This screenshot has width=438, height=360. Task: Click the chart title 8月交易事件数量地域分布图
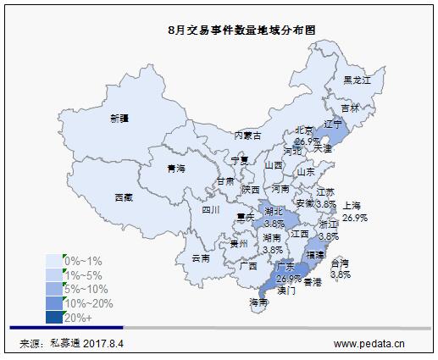pyautogui.click(x=231, y=28)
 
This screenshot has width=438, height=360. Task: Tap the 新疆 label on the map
pyautogui.click(x=119, y=119)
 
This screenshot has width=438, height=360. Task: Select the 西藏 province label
pyautogui.click(x=124, y=197)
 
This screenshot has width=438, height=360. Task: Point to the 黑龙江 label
pyautogui.click(x=358, y=80)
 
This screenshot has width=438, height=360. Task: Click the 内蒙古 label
pyautogui.click(x=247, y=136)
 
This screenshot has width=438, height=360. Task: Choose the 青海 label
pyautogui.click(x=175, y=169)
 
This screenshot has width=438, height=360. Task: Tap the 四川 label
pyautogui.click(x=210, y=209)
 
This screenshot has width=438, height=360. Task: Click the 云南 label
pyautogui.click(x=201, y=258)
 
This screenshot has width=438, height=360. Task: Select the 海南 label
pyautogui.click(x=258, y=302)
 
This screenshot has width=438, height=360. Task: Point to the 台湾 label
pyautogui.click(x=340, y=263)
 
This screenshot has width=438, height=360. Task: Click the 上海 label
pyautogui.click(x=352, y=206)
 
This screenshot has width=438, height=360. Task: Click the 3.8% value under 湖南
pyautogui.click(x=273, y=250)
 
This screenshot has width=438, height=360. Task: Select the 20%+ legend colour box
pyautogui.click(x=55, y=318)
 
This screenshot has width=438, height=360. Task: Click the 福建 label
pyautogui.click(x=314, y=253)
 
